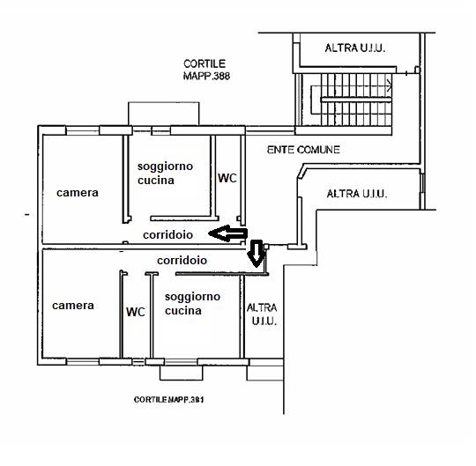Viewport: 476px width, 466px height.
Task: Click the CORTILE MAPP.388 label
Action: pyautogui.click(x=206, y=70)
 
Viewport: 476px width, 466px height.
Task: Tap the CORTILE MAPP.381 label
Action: pyautogui.click(x=168, y=400)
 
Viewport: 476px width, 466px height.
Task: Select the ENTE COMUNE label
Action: pyautogui.click(x=303, y=150)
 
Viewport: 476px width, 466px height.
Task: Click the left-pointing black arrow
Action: pyautogui.click(x=228, y=233)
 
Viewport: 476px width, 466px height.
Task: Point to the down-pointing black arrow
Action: pyautogui.click(x=257, y=254)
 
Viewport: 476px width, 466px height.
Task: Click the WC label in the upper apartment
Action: pyautogui.click(x=227, y=178)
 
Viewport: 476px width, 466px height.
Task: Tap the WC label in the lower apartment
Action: pyautogui.click(x=136, y=312)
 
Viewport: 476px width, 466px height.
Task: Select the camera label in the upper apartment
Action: pyautogui.click(x=78, y=193)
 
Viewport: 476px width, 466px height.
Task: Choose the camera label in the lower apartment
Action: pyautogui.click(x=73, y=305)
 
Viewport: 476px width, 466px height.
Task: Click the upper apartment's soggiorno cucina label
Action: pyautogui.click(x=165, y=174)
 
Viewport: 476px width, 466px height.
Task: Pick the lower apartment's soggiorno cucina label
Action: pyautogui.click(x=192, y=303)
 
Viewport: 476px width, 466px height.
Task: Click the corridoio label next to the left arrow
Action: pyautogui.click(x=167, y=234)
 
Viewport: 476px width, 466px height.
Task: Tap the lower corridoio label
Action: pyautogui.click(x=182, y=260)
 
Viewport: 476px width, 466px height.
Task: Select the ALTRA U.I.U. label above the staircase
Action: pyautogui.click(x=355, y=48)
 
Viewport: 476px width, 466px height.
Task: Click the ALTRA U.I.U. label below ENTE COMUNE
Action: pyautogui.click(x=357, y=194)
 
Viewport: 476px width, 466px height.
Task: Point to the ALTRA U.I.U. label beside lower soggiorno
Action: pyautogui.click(x=262, y=314)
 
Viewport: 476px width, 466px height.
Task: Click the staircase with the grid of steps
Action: pyautogui.click(x=351, y=100)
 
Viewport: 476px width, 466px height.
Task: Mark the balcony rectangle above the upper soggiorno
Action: pyautogui.click(x=164, y=114)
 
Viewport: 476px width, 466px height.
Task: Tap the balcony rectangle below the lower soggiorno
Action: pyautogui.click(x=182, y=373)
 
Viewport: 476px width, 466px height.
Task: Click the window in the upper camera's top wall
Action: pyautogui.click(x=83, y=130)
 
